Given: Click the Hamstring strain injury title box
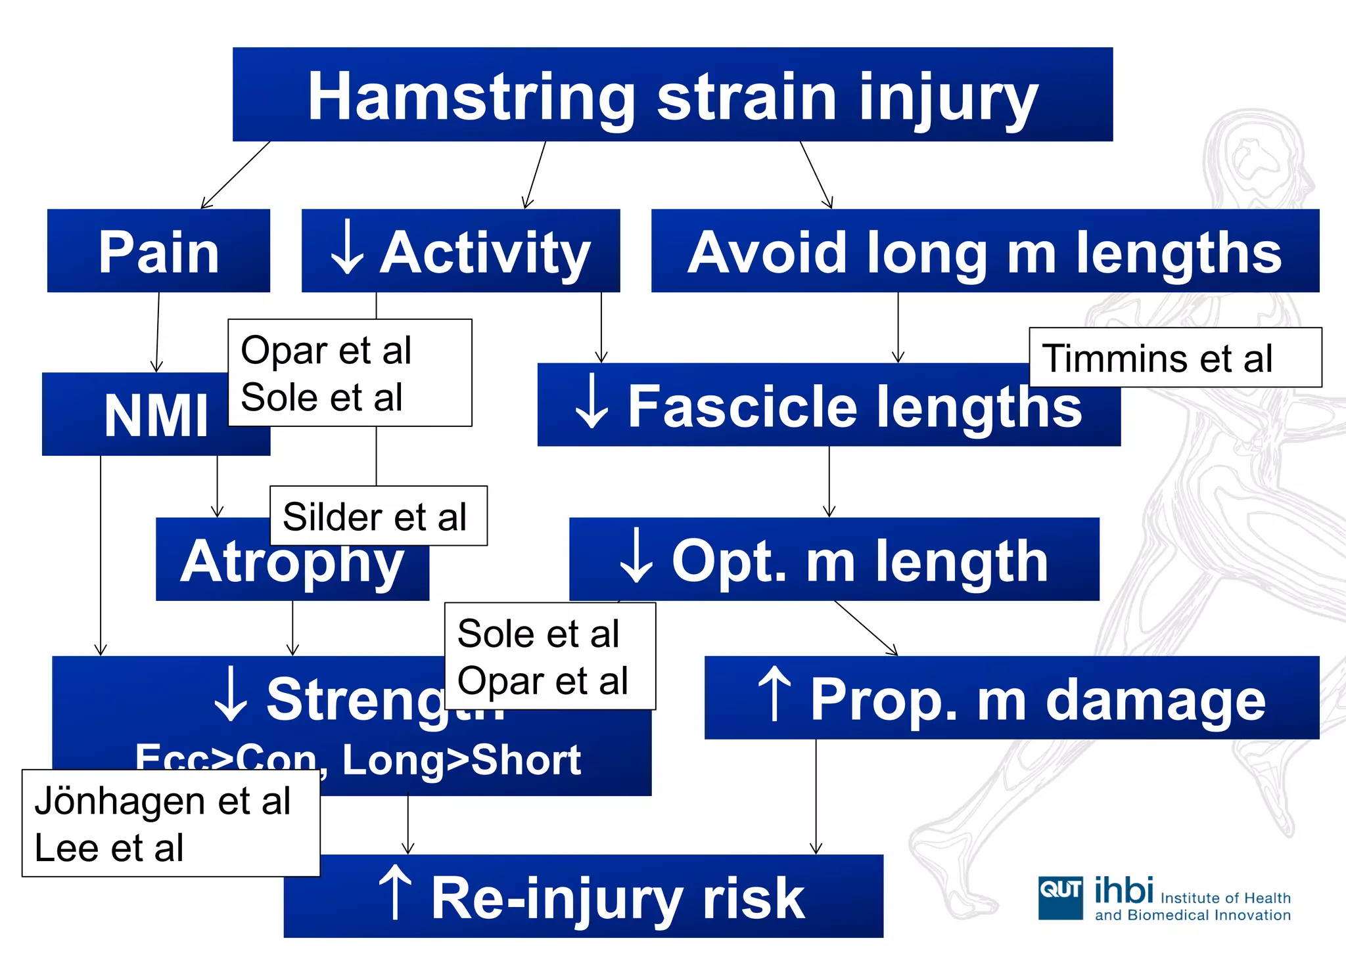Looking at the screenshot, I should coord(672,95).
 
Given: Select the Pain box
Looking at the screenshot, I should coord(158,251).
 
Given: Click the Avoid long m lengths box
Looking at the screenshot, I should coord(985,251).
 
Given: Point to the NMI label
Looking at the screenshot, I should coord(156,416).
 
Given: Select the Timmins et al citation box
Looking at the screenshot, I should coord(1174,358).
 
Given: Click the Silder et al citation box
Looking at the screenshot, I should coord(378,516).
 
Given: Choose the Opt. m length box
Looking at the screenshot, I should coord(833,560).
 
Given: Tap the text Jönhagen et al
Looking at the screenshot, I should coord(162,801).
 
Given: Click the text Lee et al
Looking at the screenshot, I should coord(109,848).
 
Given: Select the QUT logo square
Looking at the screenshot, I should coord(1060,897).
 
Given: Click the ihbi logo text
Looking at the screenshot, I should coord(1124,891).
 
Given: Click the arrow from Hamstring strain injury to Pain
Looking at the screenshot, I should coord(235,175).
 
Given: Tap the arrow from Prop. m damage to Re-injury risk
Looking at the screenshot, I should coord(816,796).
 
